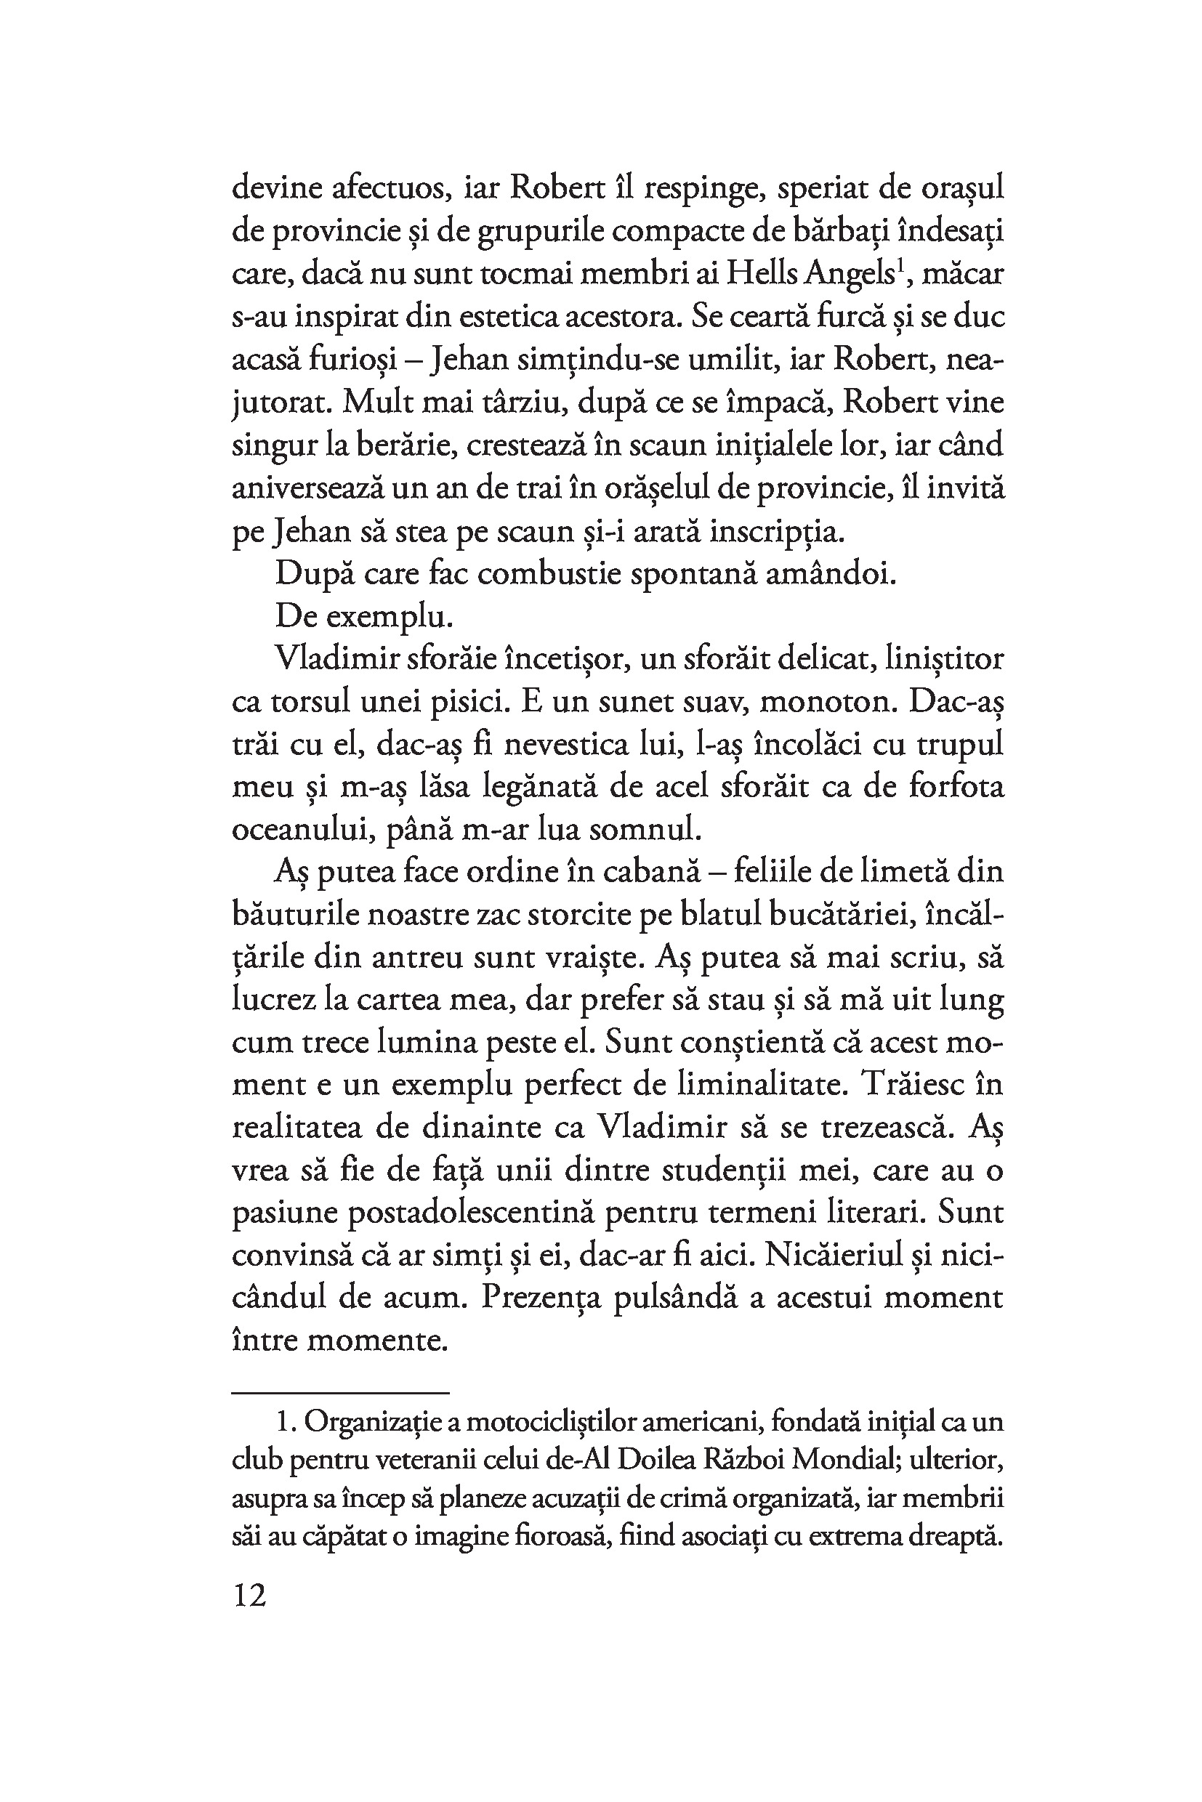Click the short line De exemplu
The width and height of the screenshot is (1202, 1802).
[x=363, y=617]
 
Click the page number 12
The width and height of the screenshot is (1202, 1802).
[x=249, y=1596]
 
